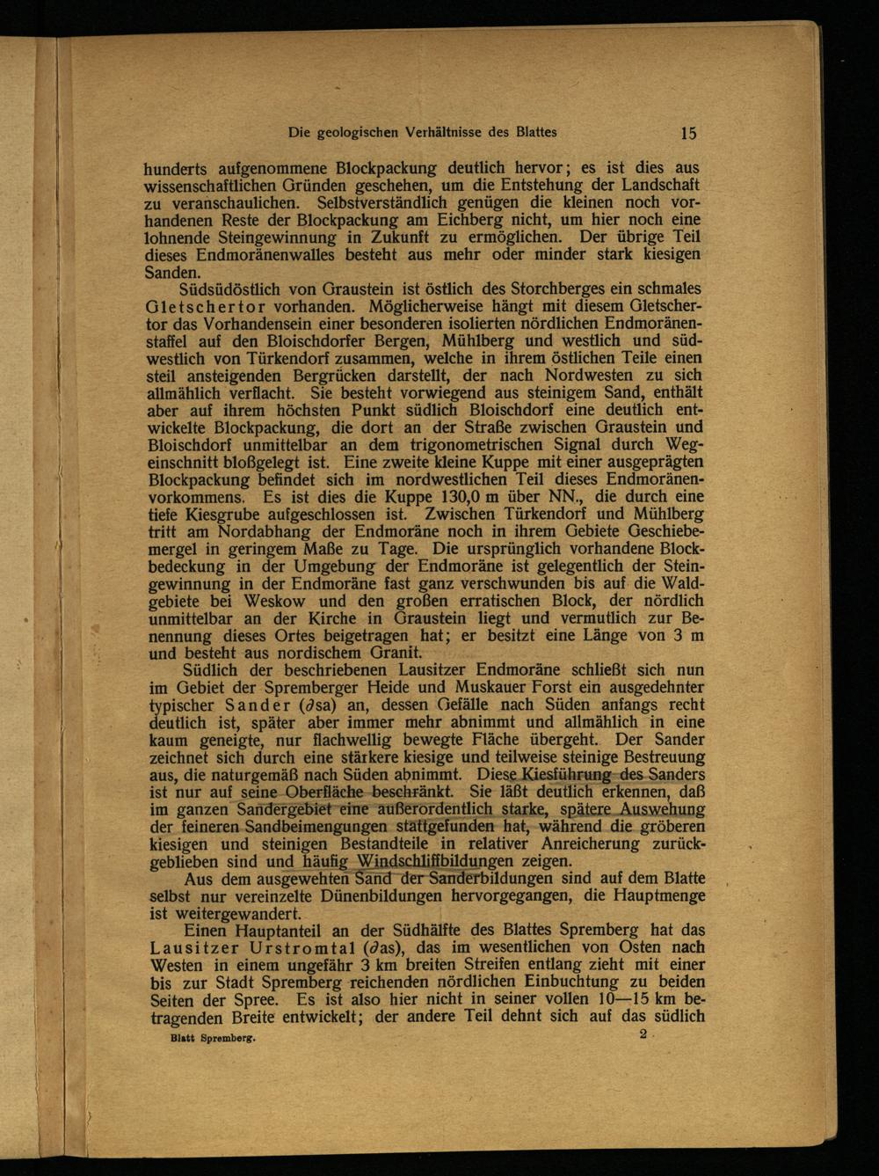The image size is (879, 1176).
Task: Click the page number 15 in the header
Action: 688,134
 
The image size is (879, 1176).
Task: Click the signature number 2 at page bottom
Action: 643,1035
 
